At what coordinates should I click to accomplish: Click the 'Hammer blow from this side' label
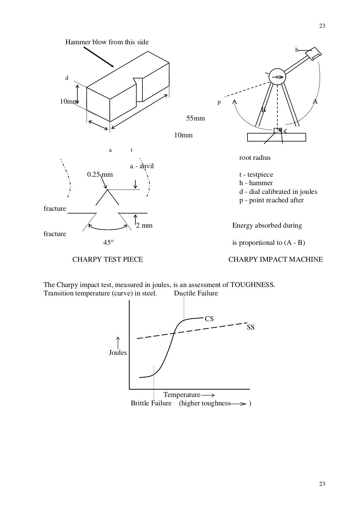107,42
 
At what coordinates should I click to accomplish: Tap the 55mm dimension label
195,118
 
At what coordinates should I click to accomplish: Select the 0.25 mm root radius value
100,175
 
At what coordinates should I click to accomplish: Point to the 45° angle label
108,243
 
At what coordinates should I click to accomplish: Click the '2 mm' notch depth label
144,226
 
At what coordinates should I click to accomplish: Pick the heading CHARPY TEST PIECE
108,260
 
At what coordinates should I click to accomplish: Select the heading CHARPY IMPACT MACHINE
275,260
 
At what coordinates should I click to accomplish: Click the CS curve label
209,319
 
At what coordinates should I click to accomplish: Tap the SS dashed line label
251,327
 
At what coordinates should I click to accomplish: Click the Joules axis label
117,353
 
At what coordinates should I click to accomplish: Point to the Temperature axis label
182,395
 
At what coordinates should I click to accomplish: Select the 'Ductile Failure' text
196,293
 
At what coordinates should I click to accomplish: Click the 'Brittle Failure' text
151,403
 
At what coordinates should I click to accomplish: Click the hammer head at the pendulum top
313,53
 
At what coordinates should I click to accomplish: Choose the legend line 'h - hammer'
256,183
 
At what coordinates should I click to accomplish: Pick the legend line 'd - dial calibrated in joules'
278,192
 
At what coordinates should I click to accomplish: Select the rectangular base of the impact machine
276,137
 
